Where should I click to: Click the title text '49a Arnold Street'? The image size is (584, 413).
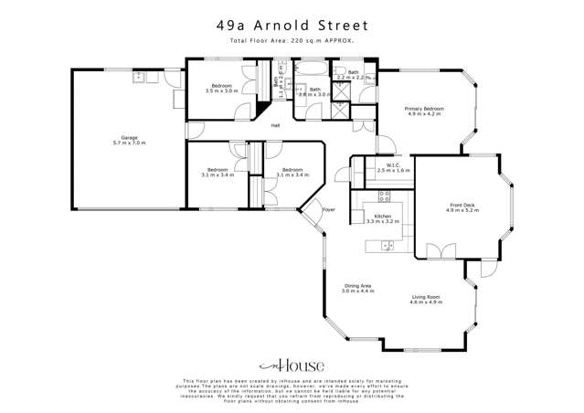pos(292,26)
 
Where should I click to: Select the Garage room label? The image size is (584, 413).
pos(129,141)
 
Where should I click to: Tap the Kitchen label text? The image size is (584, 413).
pos(381,217)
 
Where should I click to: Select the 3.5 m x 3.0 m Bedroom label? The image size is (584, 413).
pos(221,89)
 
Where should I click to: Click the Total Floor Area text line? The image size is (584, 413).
pos(292,42)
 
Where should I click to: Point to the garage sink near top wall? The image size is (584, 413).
pos(139,78)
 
